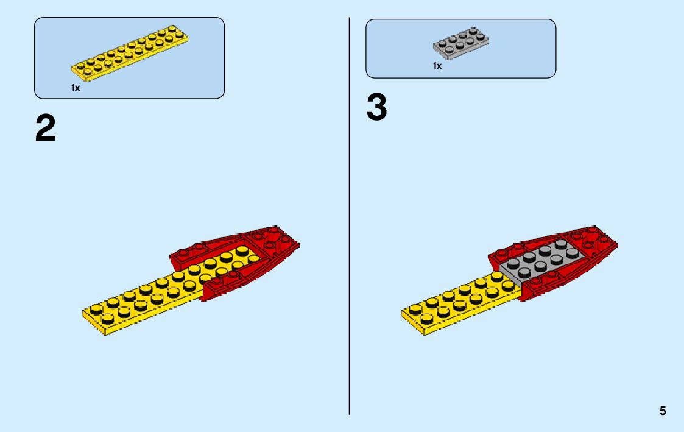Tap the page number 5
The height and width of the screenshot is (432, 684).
click(x=663, y=411)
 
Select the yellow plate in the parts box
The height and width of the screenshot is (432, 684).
click(x=130, y=55)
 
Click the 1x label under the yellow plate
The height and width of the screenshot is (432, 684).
click(x=76, y=88)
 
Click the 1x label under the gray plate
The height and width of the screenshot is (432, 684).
click(x=437, y=66)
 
